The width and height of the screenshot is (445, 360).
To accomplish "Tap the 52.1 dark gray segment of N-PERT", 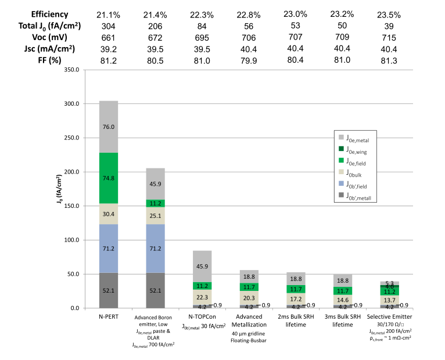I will tap(109, 290).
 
